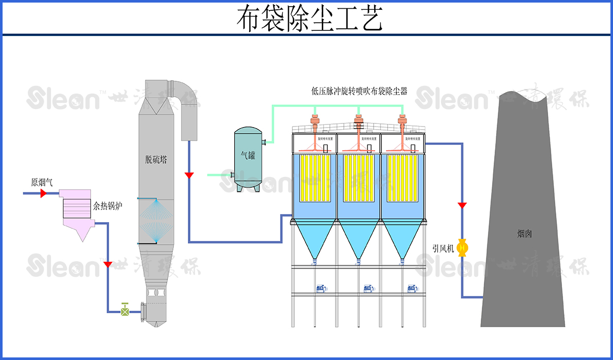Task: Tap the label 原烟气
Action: [x=42, y=182]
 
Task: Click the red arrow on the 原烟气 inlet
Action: [x=43, y=193]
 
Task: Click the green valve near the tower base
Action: [x=125, y=310]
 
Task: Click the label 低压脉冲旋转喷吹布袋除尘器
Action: [x=359, y=91]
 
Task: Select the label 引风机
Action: [x=443, y=248]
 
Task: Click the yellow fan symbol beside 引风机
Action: [x=462, y=248]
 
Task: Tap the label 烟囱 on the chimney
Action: [x=524, y=233]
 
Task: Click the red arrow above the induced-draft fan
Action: [x=462, y=205]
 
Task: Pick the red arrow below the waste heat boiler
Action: [x=108, y=264]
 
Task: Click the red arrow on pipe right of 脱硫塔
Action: [x=189, y=175]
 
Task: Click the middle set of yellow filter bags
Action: [x=358, y=178]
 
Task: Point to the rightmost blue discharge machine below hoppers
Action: [x=412, y=288]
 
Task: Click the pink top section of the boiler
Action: [x=75, y=193]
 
